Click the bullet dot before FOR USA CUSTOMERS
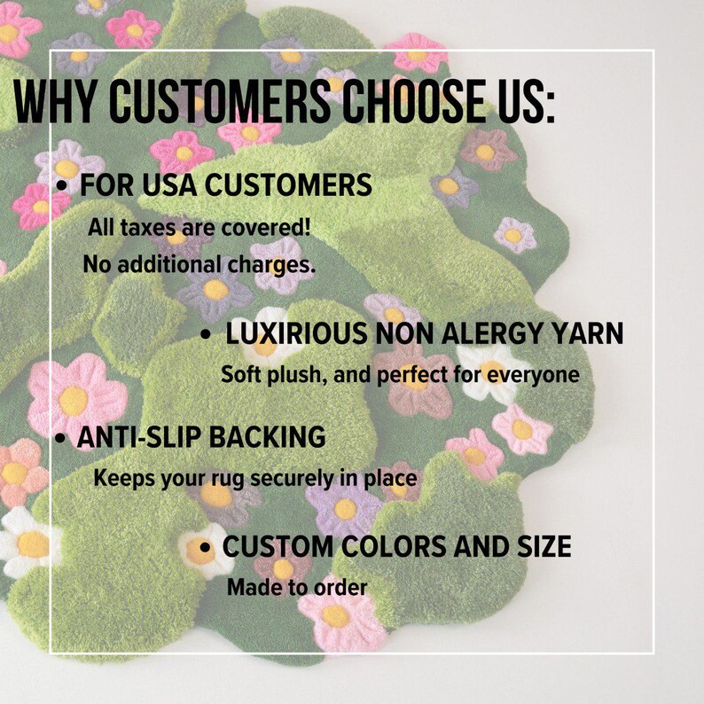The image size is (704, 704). pyautogui.click(x=62, y=186)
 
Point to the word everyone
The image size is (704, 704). pyautogui.click(x=534, y=374)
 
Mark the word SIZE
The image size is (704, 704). pyautogui.click(x=539, y=547)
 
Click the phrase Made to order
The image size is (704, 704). pyautogui.click(x=297, y=587)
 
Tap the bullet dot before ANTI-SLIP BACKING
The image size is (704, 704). pyautogui.click(x=61, y=439)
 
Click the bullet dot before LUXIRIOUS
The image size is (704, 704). pyautogui.click(x=206, y=335)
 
